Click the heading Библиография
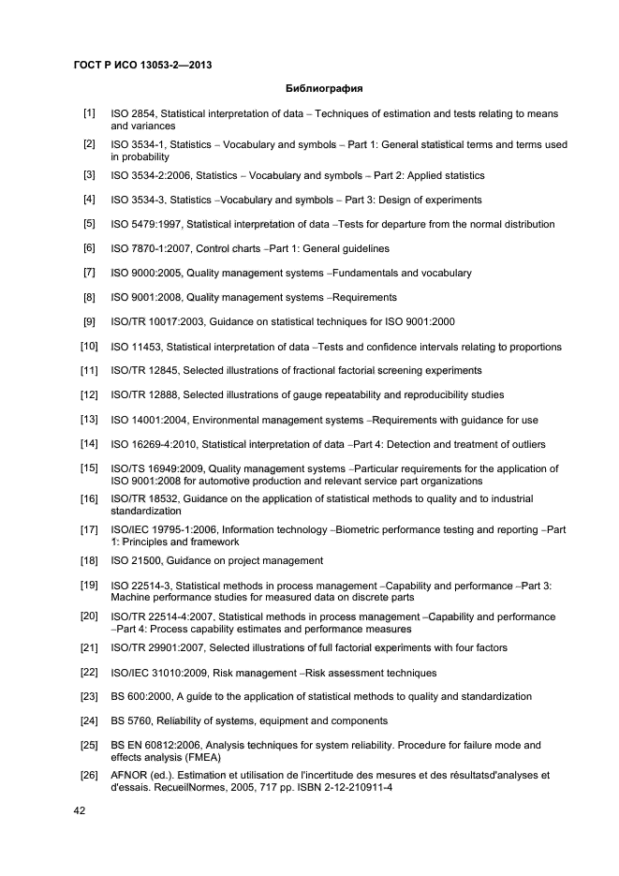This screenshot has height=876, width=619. point(323,89)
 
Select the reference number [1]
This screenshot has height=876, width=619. point(89,113)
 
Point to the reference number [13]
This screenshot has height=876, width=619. point(89,419)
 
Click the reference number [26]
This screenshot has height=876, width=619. point(89,775)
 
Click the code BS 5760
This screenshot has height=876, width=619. point(129,721)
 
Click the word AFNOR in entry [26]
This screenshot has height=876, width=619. point(128,776)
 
